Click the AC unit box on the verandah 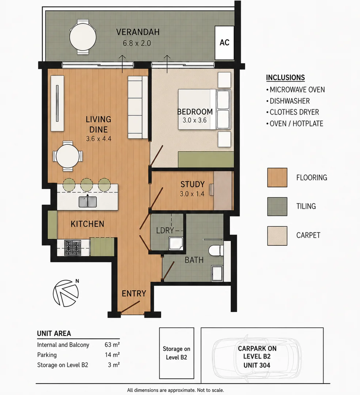[224, 42]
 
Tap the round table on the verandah [83, 37]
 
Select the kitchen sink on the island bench [88, 202]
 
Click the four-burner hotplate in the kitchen [73, 248]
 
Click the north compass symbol [66, 293]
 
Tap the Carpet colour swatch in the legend [277, 236]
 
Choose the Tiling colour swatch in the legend [277, 207]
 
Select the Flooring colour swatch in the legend [277, 178]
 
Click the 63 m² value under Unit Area [112, 345]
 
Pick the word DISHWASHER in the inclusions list [289, 101]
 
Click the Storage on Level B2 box [177, 353]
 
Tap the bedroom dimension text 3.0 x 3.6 [194, 120]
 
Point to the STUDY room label [193, 184]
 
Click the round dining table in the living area [68, 156]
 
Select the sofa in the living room [138, 107]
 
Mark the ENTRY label [134, 293]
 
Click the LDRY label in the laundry [165, 230]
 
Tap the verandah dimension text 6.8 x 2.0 [137, 43]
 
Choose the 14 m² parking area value [112, 355]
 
